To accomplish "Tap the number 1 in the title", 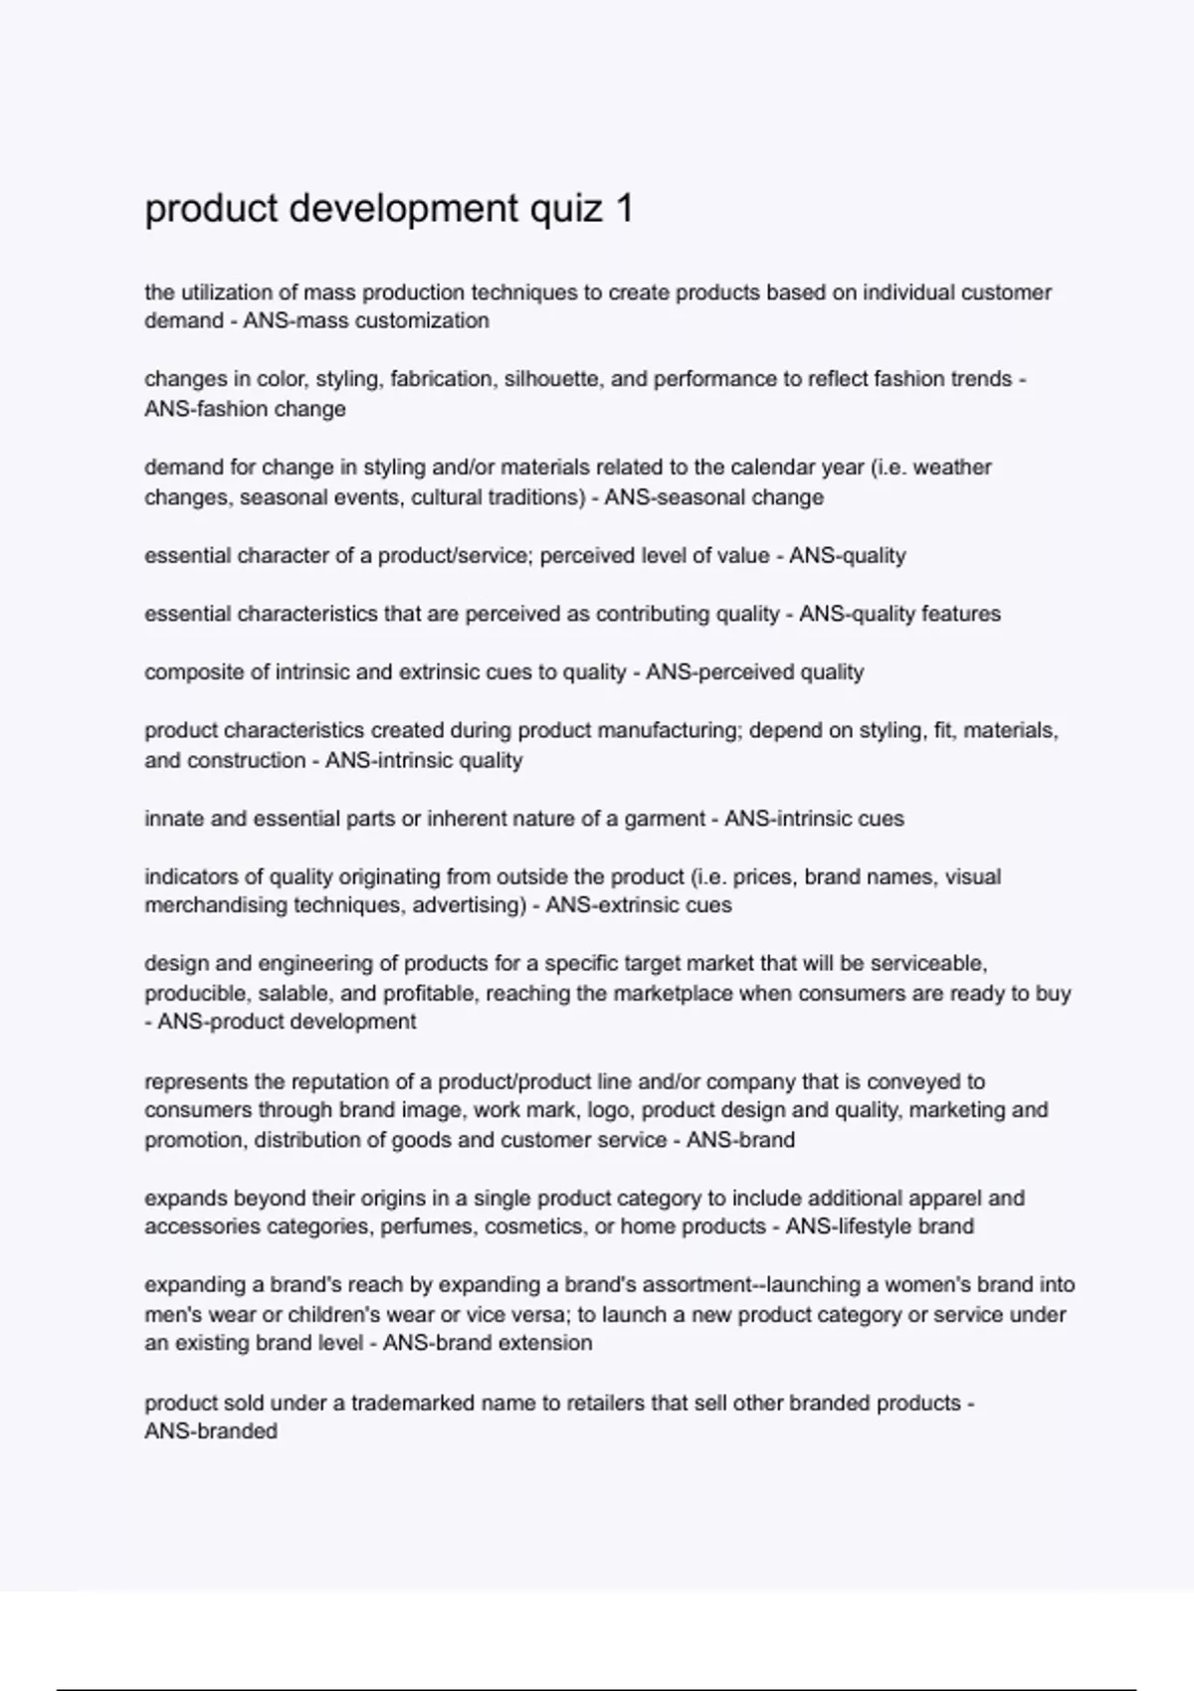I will point(624,209).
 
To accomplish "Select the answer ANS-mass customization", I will point(366,320).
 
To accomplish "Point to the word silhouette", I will point(569,379).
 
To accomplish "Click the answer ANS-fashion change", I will point(245,409).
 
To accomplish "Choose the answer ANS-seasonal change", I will point(713,497).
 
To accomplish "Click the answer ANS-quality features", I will point(899,614).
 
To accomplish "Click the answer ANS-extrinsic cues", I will point(639,905).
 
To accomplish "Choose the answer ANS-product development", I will point(287,1022).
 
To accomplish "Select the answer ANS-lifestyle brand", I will point(880,1226).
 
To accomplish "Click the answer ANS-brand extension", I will point(488,1343).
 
